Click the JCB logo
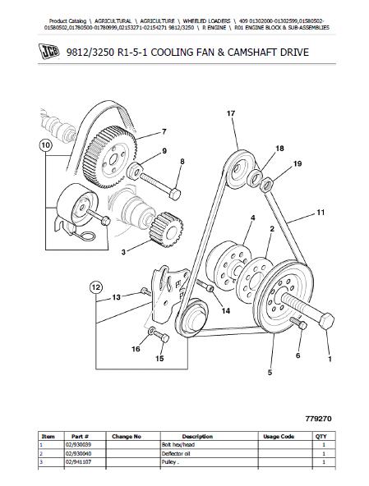tap(48, 51)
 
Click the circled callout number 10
tap(45, 145)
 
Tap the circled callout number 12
tap(96, 287)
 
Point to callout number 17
tap(231, 113)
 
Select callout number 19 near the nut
tap(298, 163)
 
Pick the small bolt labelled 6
tap(298, 323)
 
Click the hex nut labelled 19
tap(266, 185)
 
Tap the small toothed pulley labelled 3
tap(166, 229)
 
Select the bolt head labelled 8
tap(175, 195)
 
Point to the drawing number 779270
tap(318, 419)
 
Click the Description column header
tap(197, 437)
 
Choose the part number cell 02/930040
tap(79, 453)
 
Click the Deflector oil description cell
tap(176, 453)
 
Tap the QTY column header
tap(321, 437)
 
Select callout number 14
tap(226, 310)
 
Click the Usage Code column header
tap(279, 437)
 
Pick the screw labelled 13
tap(145, 291)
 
